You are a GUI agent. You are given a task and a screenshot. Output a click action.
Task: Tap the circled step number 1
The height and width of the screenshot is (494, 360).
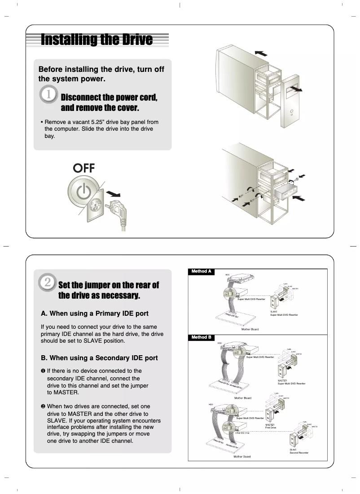coord(48,95)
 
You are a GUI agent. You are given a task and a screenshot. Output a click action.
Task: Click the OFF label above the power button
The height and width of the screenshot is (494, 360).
coord(84,168)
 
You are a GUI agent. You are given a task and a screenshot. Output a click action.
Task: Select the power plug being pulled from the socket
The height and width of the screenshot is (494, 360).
coord(115,208)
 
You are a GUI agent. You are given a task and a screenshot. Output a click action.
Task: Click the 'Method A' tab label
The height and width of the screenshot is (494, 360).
coord(201,271)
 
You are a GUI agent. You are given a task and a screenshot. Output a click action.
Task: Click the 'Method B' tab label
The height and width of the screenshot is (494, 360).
coord(201,337)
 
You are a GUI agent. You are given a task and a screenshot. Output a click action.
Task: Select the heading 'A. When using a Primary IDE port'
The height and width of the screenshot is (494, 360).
coord(94,313)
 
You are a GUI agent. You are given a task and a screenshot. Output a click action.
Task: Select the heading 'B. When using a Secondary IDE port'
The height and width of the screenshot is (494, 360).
coord(99,358)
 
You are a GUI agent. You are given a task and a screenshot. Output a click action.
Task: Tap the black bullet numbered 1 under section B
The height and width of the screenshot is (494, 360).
coord(43,371)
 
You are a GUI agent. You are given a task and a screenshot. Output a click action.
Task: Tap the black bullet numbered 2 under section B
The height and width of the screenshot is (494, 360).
coord(43,406)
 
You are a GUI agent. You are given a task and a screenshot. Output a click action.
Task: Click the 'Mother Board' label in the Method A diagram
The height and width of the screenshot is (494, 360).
coord(250,329)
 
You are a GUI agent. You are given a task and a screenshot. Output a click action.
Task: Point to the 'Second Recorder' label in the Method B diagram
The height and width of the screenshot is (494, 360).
coord(299,453)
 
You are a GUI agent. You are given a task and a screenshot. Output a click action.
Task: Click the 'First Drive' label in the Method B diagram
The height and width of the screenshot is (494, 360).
coord(271,428)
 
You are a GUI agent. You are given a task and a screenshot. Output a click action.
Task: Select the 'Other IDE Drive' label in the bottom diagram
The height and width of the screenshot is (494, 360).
coord(242,433)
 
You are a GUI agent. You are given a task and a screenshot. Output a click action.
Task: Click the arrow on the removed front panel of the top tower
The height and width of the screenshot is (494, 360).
coord(296,89)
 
